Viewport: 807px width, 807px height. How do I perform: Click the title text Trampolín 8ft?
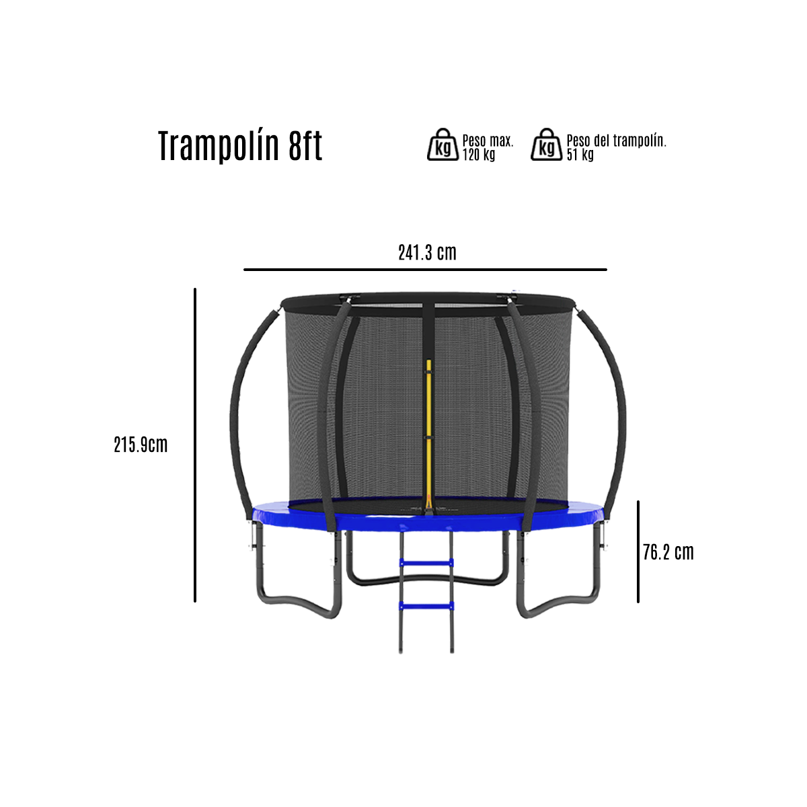pyautogui.click(x=240, y=146)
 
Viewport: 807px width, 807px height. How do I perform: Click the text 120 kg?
pyautogui.click(x=478, y=155)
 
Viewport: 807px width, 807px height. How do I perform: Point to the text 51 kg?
pyautogui.click(x=580, y=155)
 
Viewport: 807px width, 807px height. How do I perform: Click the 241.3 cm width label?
pyautogui.click(x=427, y=253)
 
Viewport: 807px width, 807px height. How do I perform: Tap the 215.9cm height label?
pyautogui.click(x=141, y=445)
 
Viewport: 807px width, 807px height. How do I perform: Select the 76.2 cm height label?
pyautogui.click(x=668, y=553)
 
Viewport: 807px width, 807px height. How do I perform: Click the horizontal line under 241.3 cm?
pyautogui.click(x=425, y=270)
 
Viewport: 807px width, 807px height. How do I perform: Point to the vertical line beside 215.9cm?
pyautogui.click(x=195, y=444)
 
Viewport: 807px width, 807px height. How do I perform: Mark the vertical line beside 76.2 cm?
pyautogui.click(x=638, y=551)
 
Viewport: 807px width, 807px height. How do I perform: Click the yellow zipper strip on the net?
pyautogui.click(x=428, y=417)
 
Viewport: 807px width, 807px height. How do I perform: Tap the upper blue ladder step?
pyautogui.click(x=426, y=563)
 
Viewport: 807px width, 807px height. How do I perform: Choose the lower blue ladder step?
pyautogui.click(x=426, y=606)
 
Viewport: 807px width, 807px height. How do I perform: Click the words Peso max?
pyautogui.click(x=488, y=141)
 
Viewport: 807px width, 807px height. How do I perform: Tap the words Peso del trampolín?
pyautogui.click(x=616, y=141)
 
